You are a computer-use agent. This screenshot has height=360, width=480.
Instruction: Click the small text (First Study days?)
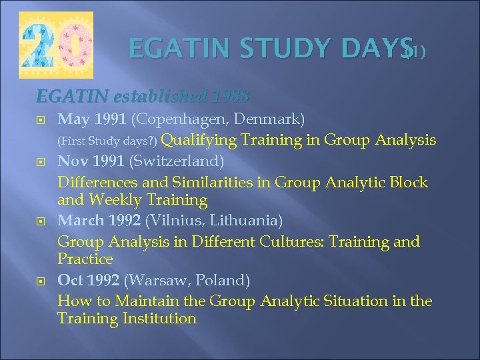108,141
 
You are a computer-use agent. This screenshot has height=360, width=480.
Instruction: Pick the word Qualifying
199,140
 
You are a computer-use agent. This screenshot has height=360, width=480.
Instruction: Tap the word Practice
85,259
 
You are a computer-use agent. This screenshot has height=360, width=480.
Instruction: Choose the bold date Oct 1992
89,281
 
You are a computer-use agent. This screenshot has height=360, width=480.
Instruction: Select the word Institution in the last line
160,319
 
